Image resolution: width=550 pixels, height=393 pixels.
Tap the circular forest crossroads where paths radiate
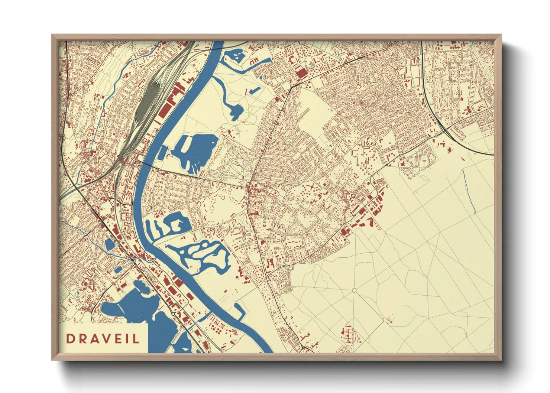coord(354,290)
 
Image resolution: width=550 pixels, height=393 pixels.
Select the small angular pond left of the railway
coord(110,244)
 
